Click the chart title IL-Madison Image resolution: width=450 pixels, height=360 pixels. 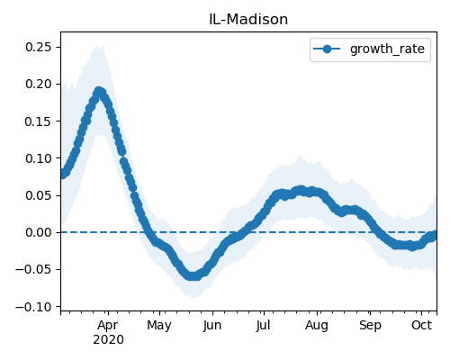pos(248,20)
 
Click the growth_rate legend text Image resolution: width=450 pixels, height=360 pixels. pos(387,49)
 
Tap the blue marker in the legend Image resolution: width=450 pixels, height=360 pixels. pos(327,49)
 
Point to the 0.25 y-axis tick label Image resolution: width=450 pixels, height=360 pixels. pos(39,47)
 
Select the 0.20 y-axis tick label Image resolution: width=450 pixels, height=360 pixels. pos(39,84)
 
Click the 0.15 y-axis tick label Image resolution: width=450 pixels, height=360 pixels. pos(39,121)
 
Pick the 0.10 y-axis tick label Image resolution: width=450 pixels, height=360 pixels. pos(39,158)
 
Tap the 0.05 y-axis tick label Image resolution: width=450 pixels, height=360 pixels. pos(39,195)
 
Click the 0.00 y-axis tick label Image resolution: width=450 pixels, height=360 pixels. pos(39,232)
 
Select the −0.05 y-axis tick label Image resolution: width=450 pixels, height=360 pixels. pos(33,269)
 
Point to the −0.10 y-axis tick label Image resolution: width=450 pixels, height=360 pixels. pos(33,307)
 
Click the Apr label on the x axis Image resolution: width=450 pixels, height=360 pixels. pos(108,325)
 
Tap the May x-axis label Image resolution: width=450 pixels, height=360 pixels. pos(159,325)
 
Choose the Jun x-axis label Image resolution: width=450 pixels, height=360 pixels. pos(212,325)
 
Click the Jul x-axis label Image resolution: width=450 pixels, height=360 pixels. pos(263,325)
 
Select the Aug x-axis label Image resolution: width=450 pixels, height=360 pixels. pos(317,325)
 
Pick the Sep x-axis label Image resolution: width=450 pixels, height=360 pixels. pos(370,325)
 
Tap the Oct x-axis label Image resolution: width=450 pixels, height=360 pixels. pos(421,325)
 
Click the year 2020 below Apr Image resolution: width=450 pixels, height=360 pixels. pos(108,339)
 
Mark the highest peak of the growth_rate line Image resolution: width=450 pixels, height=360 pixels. pos(99,91)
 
